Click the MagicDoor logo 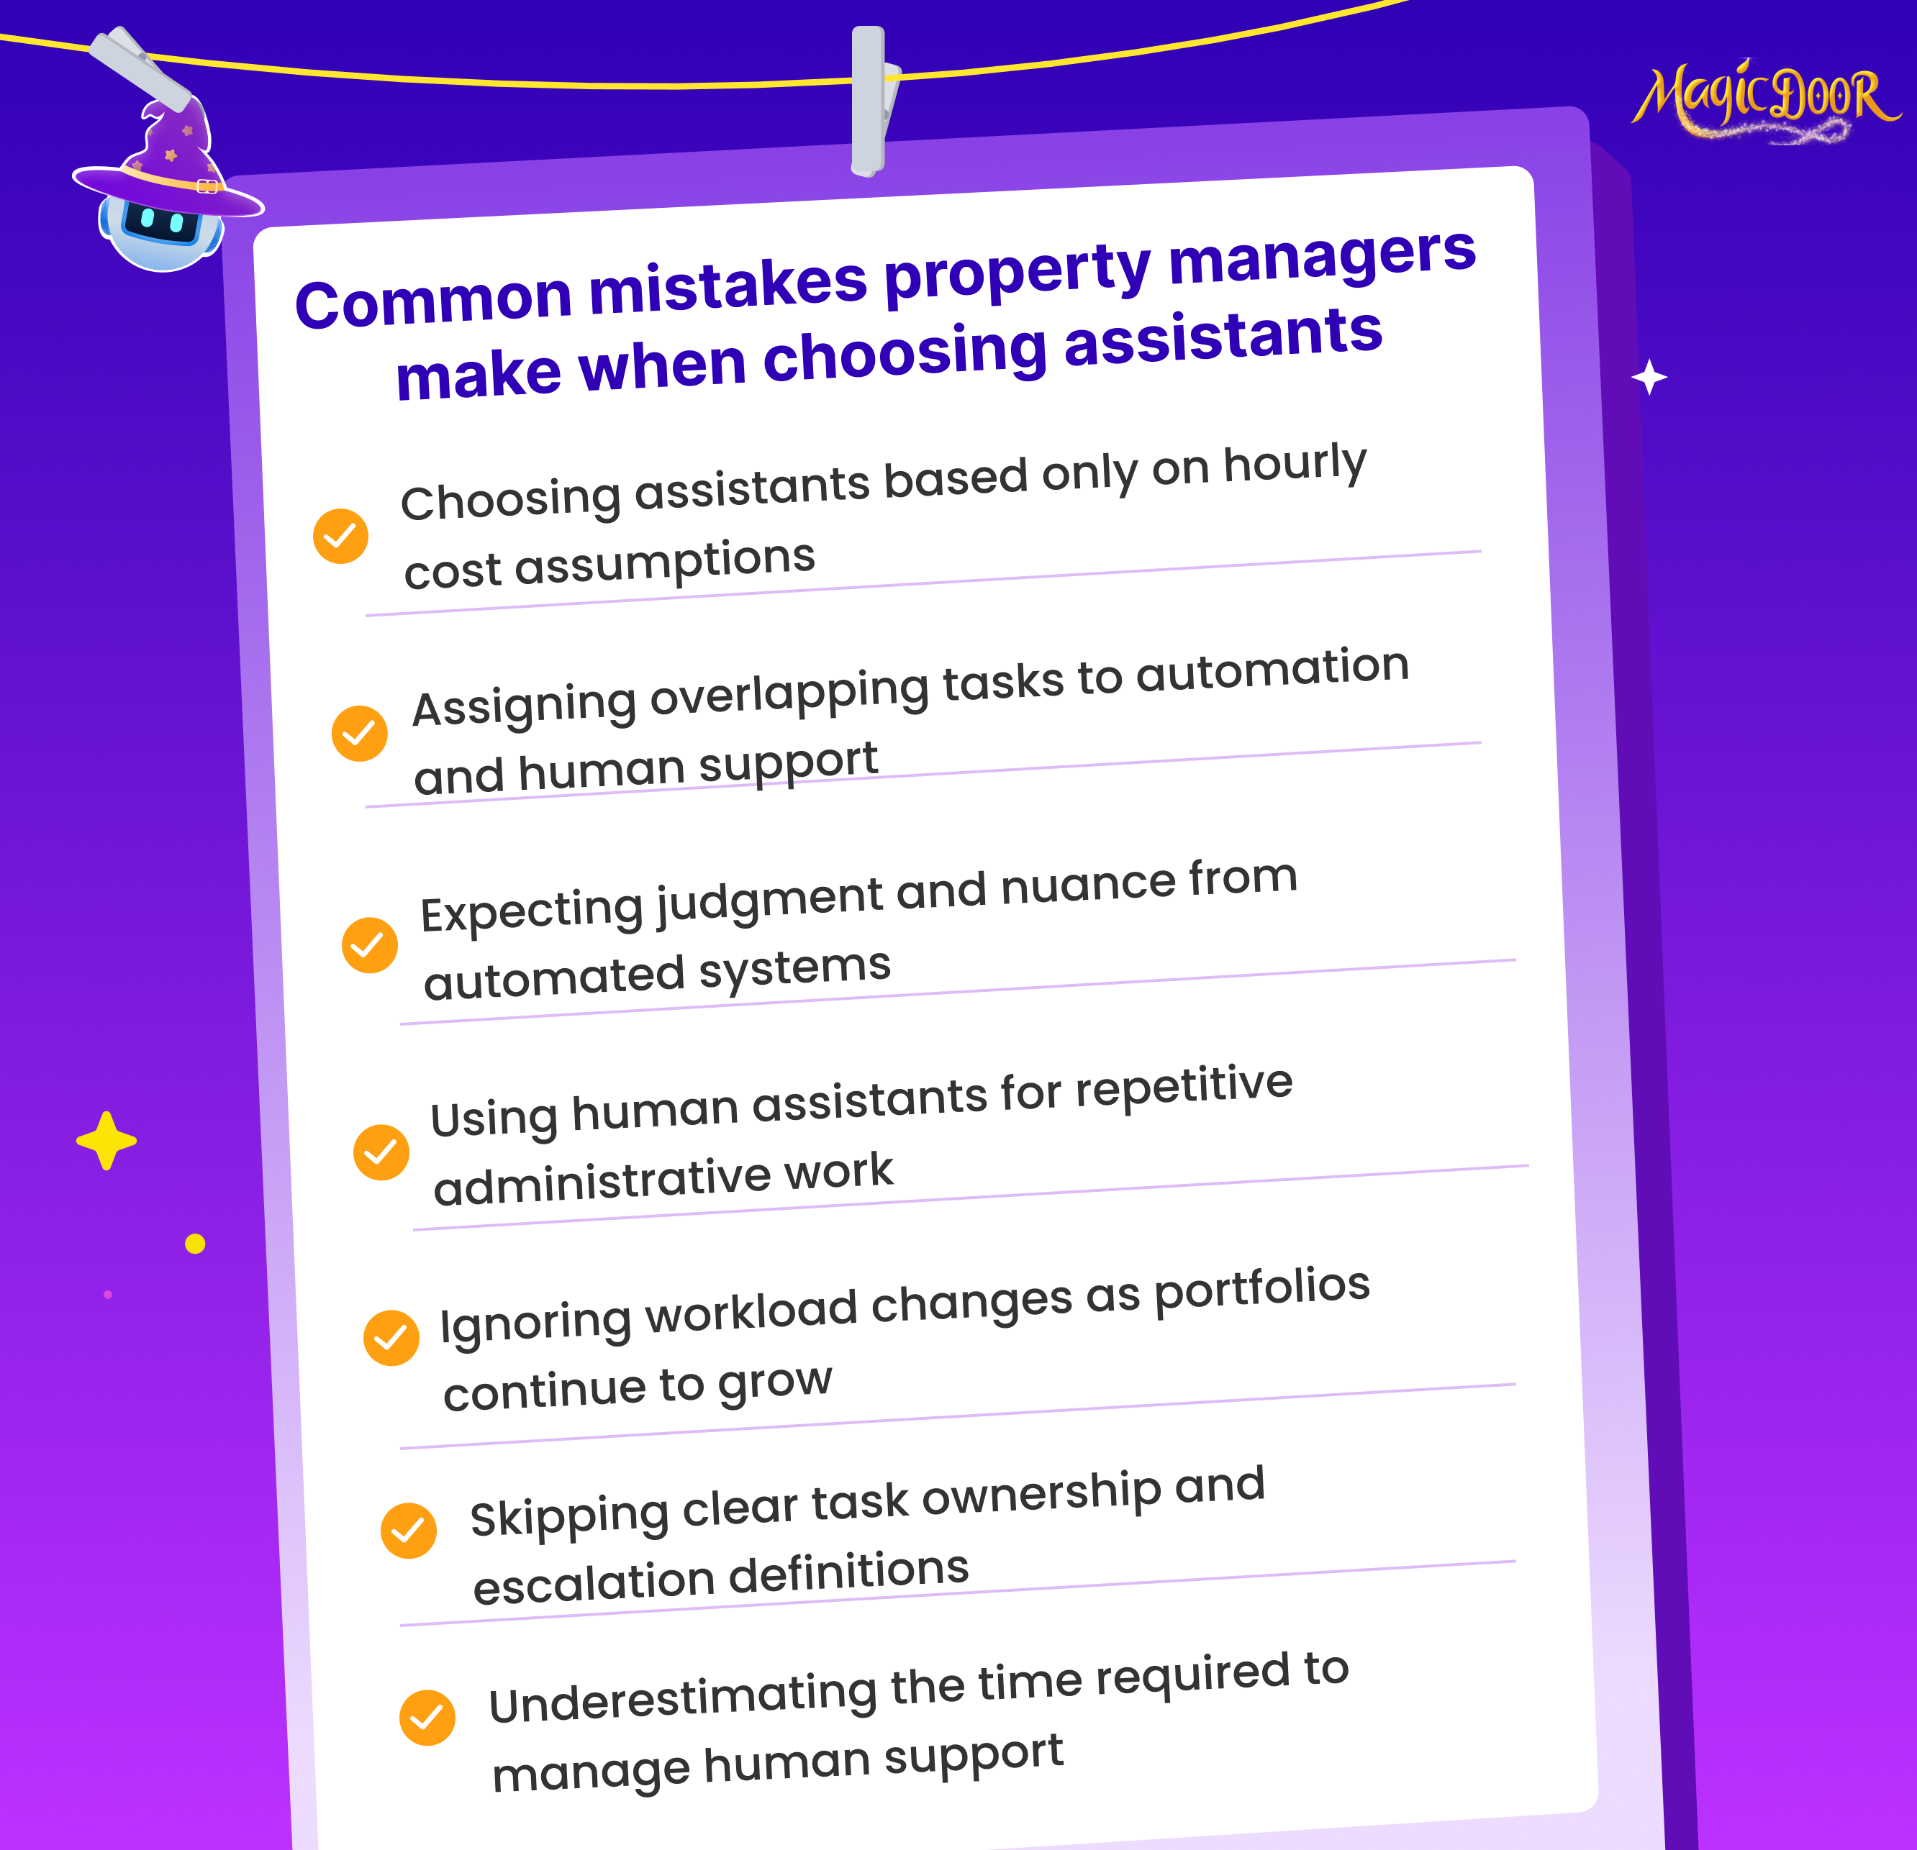point(1765,101)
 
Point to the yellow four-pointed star point(106,1140)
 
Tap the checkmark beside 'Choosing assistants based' point(340,536)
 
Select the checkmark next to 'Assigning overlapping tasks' point(359,732)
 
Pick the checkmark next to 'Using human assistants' point(381,1152)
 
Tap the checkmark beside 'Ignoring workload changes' point(391,1338)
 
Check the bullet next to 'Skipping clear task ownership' point(409,1530)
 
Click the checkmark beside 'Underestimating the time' point(427,1718)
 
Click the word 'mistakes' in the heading point(728,286)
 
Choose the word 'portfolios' point(1263,1290)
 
